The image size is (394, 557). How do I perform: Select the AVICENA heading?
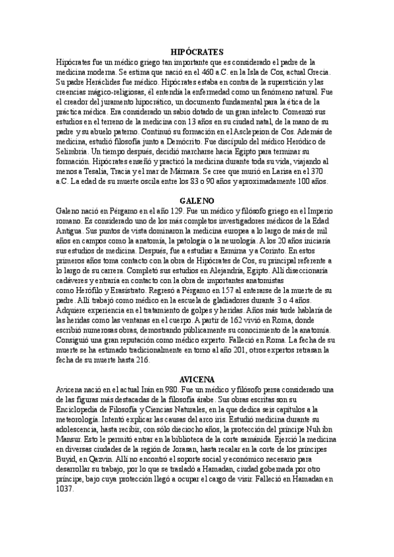(x=197, y=379)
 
